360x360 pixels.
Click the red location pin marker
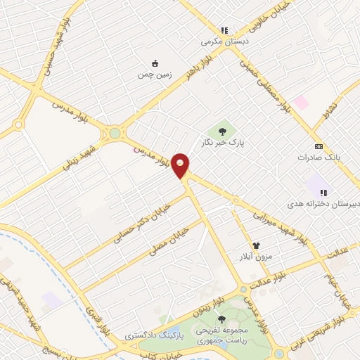pos(181,166)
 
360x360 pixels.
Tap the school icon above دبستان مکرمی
pos(224,31)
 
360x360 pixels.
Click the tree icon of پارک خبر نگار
pos(223,130)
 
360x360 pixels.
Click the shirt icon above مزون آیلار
pos(256,245)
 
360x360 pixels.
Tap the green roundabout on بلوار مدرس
pos(115,133)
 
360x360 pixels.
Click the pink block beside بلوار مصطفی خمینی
pos(301,102)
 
